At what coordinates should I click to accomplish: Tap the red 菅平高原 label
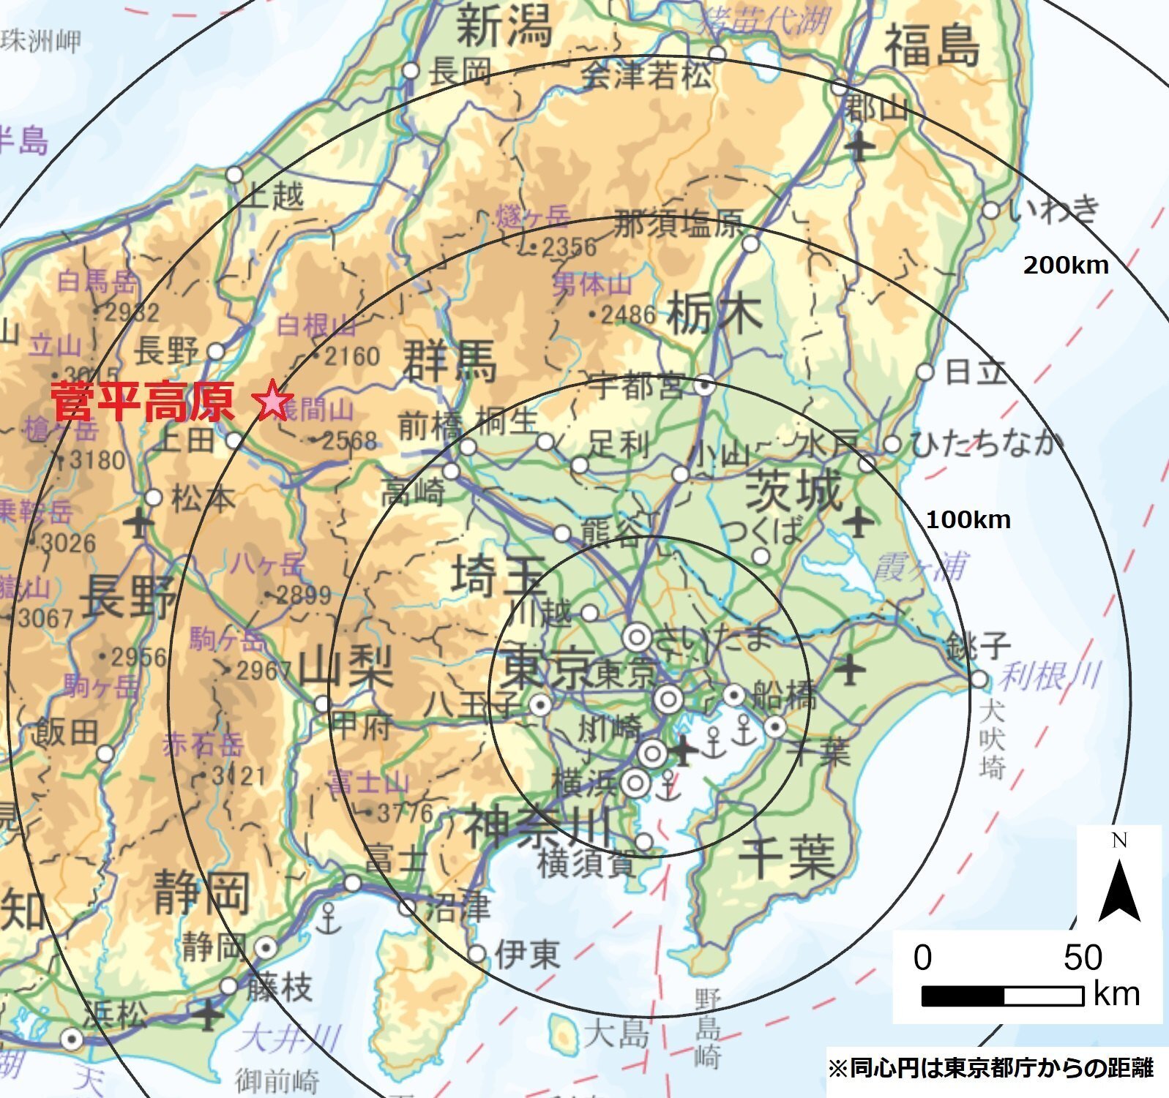click(143, 401)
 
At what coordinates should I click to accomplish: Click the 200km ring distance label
click(1066, 265)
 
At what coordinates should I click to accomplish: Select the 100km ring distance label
click(968, 520)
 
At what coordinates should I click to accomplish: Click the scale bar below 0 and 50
click(1001, 996)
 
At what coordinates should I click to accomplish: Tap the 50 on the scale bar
click(1082, 958)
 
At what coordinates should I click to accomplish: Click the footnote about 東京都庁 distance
click(990, 1068)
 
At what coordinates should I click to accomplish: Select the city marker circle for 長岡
click(411, 71)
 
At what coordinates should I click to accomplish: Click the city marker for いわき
click(990, 211)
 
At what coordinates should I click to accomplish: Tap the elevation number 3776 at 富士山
click(405, 813)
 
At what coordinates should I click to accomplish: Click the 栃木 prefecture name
click(714, 314)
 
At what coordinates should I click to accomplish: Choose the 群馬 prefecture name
click(449, 361)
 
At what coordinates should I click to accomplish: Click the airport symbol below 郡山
click(859, 147)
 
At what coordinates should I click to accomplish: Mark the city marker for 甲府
click(322, 704)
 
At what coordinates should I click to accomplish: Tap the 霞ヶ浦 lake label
click(920, 567)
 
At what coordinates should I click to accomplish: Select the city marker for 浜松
click(72, 1039)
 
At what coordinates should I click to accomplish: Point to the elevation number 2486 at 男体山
click(627, 315)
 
